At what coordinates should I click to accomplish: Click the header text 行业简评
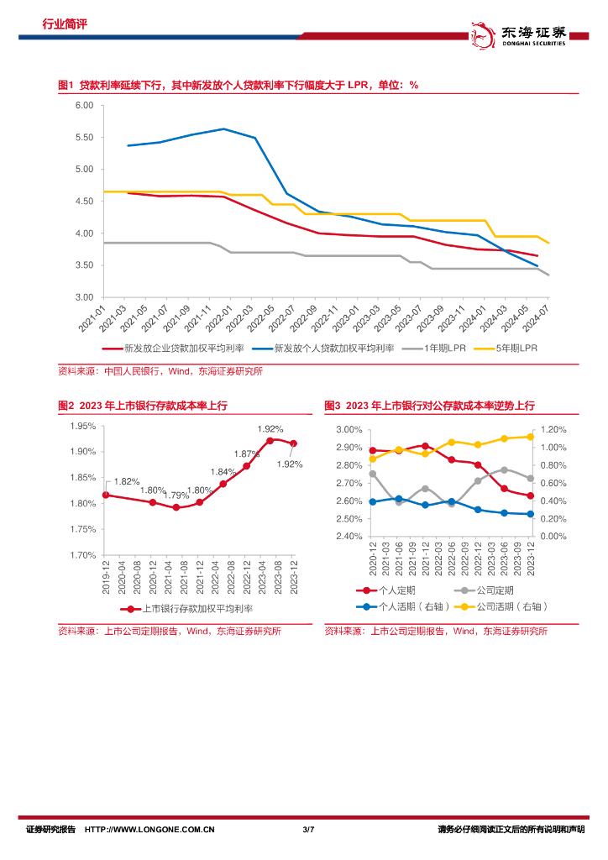tap(65, 24)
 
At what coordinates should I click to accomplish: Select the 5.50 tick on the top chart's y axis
tap(83, 138)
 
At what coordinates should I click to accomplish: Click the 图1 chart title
tap(238, 86)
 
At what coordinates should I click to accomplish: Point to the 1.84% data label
tap(223, 472)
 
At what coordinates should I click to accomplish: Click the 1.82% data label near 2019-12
tap(127, 481)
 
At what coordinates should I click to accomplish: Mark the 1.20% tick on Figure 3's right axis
tap(553, 430)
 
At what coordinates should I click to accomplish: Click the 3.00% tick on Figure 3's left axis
tap(349, 430)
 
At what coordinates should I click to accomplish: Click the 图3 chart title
tap(429, 406)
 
